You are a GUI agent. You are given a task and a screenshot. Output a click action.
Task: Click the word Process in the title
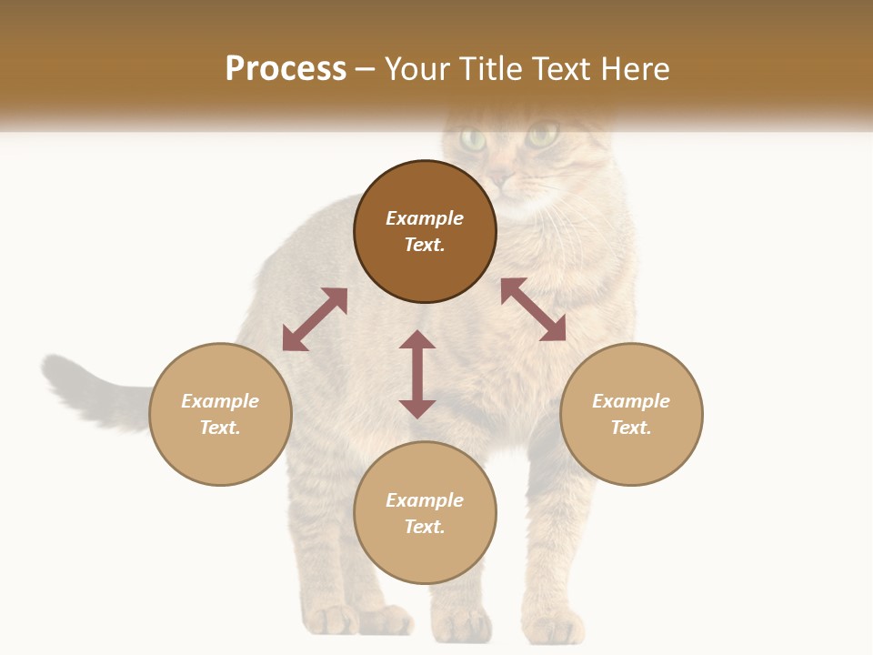pyautogui.click(x=286, y=69)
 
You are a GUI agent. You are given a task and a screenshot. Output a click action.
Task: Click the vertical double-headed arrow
pyautogui.click(x=417, y=374)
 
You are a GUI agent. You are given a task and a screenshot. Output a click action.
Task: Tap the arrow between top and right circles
pyautogui.click(x=533, y=309)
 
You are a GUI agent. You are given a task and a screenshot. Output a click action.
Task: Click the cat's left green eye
pyautogui.click(x=473, y=139)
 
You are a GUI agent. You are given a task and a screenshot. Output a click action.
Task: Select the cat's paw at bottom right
pyautogui.click(x=555, y=626)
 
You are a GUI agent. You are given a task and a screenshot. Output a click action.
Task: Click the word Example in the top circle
pyautogui.click(x=425, y=218)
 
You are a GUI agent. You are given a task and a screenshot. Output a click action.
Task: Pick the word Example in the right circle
pyautogui.click(x=631, y=401)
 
